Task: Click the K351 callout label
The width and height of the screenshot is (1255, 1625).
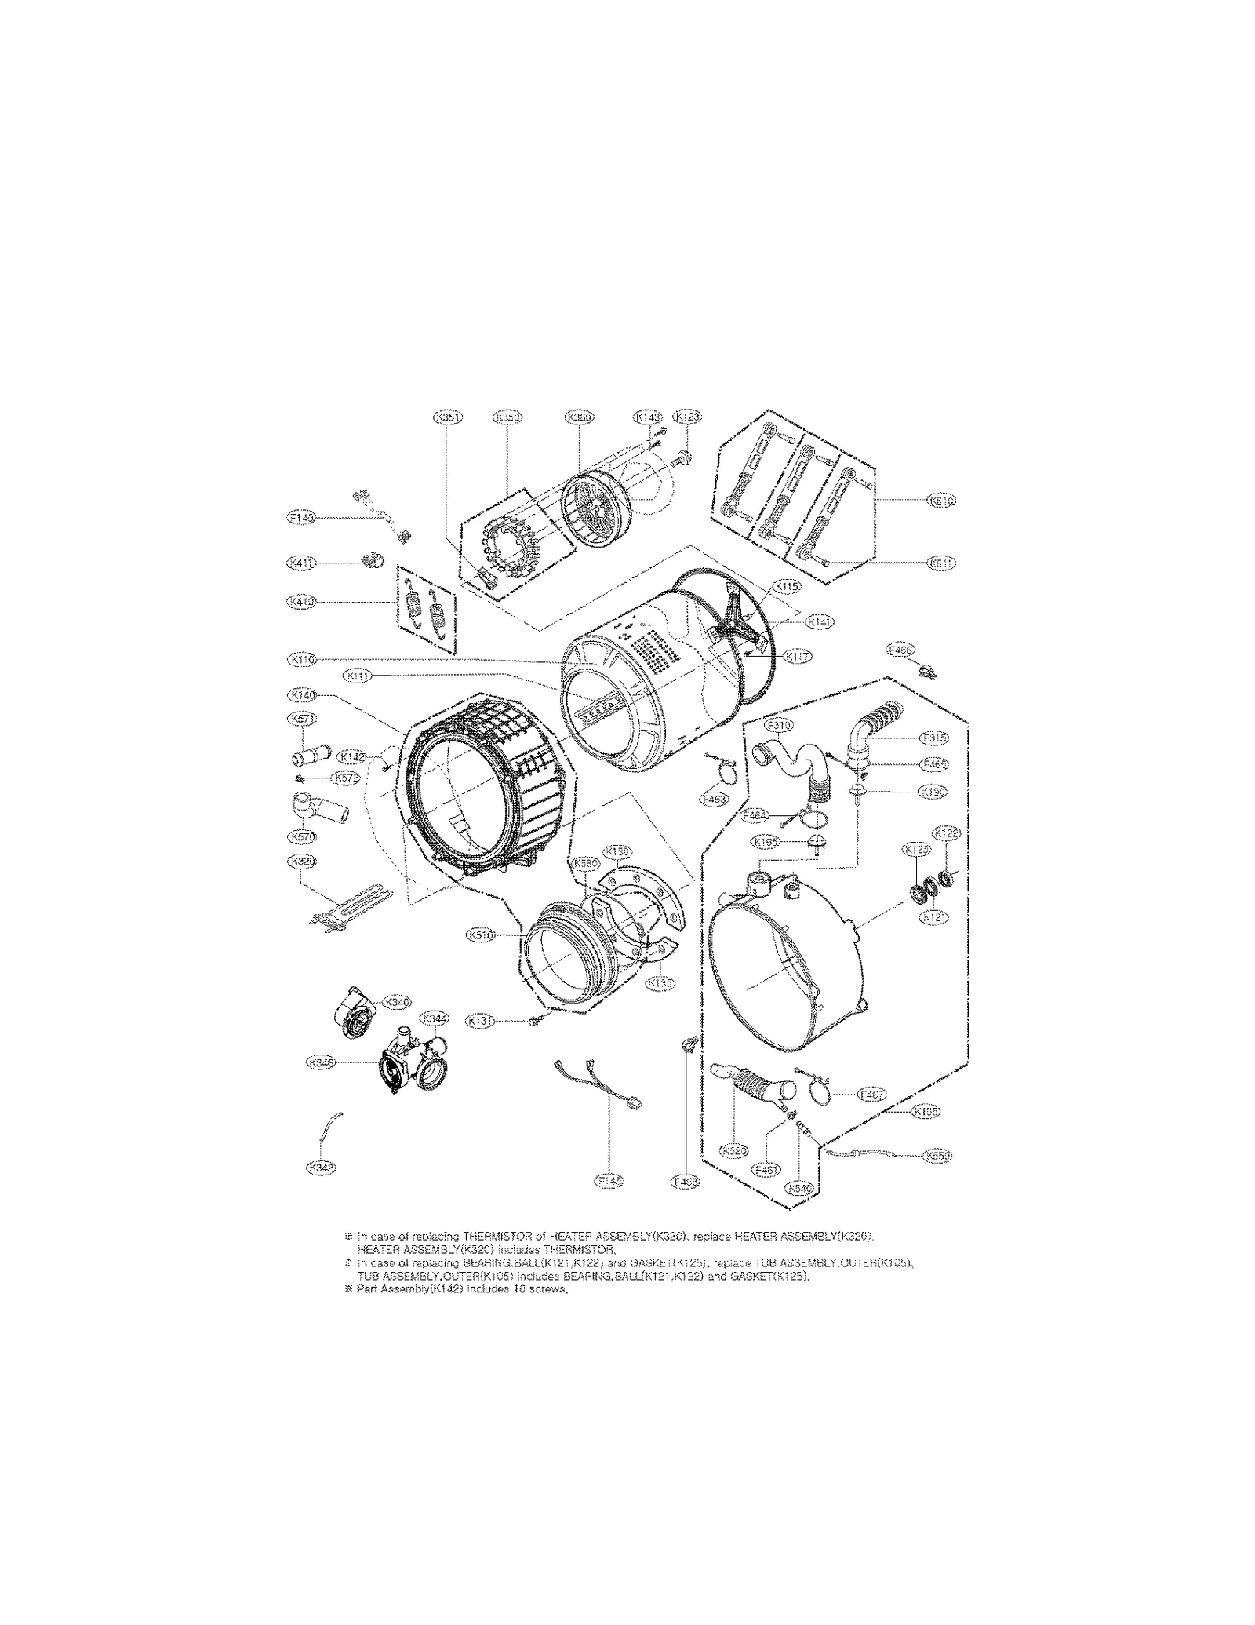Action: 448,417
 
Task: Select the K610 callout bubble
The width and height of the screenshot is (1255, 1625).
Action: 940,500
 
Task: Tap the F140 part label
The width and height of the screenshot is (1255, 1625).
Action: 300,518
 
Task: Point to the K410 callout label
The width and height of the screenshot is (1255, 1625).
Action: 300,602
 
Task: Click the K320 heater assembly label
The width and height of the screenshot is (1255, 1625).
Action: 301,861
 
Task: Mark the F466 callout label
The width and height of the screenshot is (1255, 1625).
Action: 900,649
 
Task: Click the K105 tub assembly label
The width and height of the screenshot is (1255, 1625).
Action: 926,1112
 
